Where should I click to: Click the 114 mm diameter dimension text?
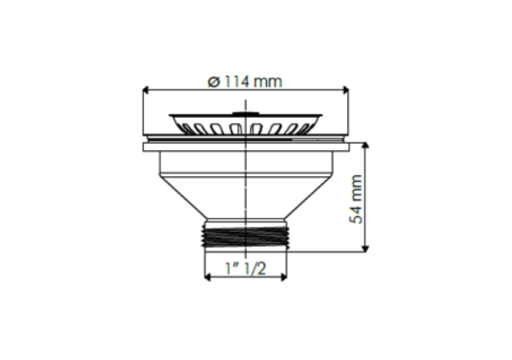point(245,81)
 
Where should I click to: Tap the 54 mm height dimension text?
point(355,200)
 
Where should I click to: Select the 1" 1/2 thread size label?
point(246,269)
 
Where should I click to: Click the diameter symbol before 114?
point(213,82)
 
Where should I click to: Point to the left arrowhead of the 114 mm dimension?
point(146,90)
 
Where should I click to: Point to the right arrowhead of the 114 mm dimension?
point(345,90)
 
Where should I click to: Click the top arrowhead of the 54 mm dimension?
point(366,145)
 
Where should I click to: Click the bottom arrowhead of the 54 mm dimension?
point(366,248)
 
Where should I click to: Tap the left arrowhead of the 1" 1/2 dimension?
point(207,277)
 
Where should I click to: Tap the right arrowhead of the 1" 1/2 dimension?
point(284,277)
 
